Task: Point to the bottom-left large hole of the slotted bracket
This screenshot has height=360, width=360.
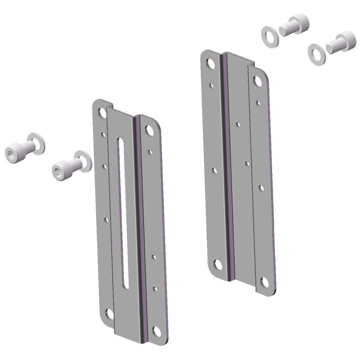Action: (x=108, y=313)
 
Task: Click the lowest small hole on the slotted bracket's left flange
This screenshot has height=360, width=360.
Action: (x=106, y=220)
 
